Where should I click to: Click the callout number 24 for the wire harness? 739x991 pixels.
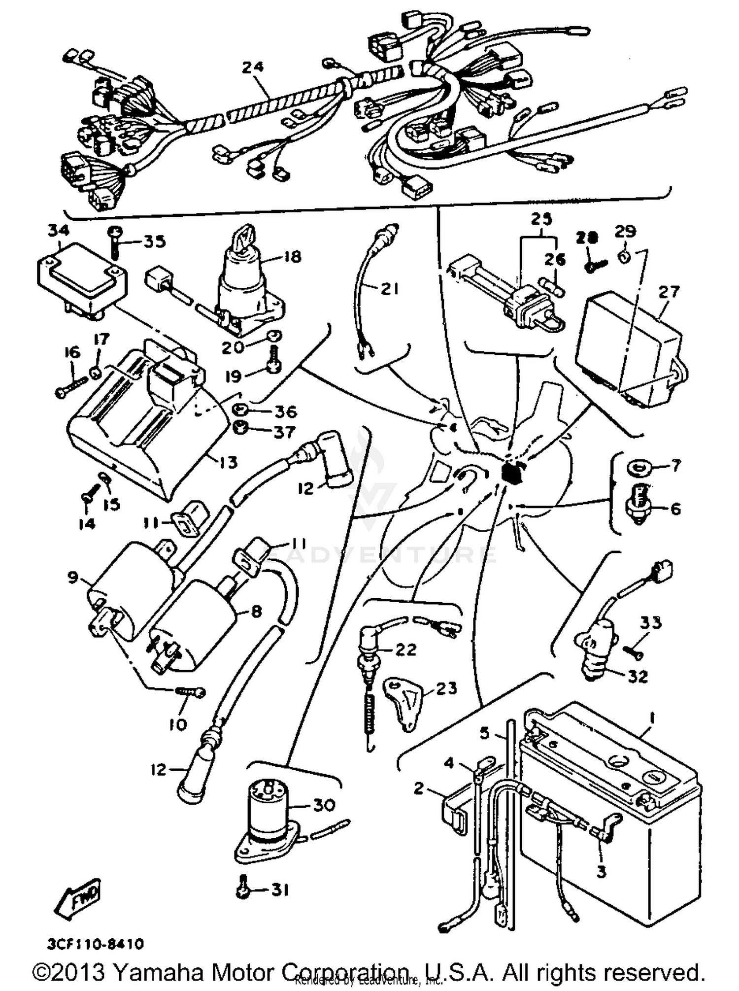[x=253, y=67]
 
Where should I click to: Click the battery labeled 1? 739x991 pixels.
[x=611, y=793]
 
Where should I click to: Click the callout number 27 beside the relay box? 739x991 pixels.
[x=669, y=292]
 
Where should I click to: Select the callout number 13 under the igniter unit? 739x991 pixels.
[x=228, y=462]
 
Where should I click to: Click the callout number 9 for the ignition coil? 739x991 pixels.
[x=73, y=576]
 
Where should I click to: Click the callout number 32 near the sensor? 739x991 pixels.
[x=638, y=676]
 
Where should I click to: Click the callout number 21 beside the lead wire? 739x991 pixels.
[x=389, y=289]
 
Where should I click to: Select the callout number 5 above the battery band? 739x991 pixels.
[x=486, y=733]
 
